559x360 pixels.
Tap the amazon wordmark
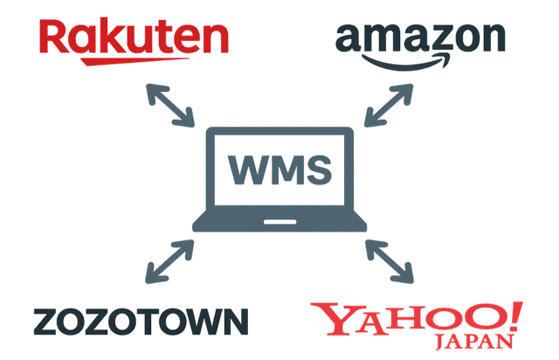point(420,38)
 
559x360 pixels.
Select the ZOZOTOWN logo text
point(140,322)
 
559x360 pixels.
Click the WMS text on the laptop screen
point(279,170)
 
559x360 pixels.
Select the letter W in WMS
point(245,170)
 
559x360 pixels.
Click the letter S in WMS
point(320,170)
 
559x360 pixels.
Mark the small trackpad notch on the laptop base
point(279,215)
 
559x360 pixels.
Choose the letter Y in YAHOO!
point(335,320)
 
